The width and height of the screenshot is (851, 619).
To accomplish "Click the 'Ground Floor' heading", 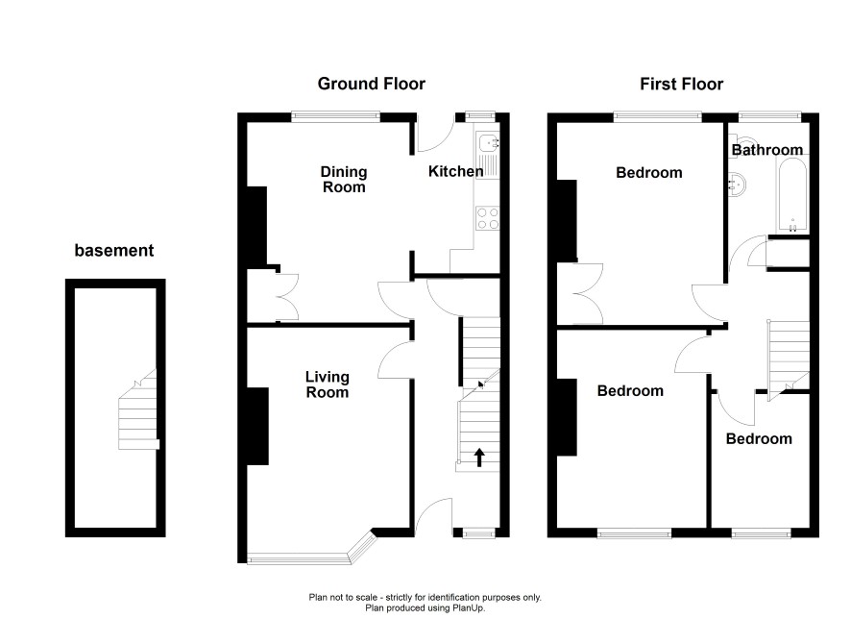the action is (371, 84).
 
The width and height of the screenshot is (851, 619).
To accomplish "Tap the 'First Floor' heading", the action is (681, 85).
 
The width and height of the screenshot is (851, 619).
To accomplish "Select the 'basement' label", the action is (114, 250).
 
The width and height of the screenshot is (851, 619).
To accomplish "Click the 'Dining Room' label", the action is (344, 180).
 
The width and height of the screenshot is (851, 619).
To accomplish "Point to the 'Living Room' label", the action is (327, 384).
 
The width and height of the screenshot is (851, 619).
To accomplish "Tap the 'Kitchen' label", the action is (455, 172).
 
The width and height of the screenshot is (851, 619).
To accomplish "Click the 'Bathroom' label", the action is (766, 150).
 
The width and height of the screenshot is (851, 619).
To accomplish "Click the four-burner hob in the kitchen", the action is (487, 218).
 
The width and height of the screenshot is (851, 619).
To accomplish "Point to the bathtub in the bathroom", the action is (792, 195).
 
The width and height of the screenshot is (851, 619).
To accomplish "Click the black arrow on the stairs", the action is (479, 458).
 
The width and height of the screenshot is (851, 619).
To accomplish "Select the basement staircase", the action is (138, 409).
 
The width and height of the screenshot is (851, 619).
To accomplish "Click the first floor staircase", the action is (788, 359).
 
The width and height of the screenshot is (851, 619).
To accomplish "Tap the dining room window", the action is (335, 116).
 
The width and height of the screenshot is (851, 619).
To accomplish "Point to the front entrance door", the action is (434, 516).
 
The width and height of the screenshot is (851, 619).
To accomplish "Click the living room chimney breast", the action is (257, 426).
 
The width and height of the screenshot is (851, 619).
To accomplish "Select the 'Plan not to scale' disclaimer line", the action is (425, 597).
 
